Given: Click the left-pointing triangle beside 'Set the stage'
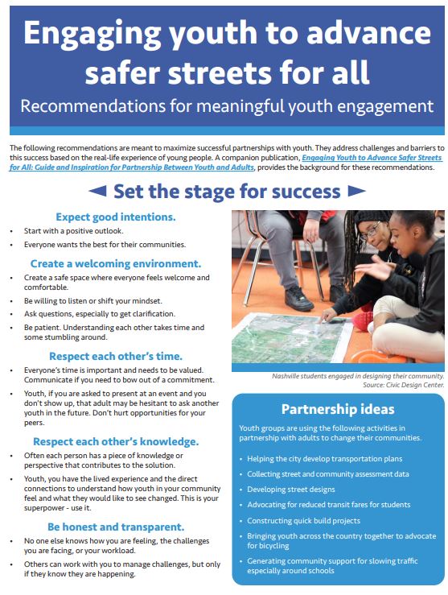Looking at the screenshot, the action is click(96, 191).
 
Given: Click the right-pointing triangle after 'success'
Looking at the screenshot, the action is click(356, 191).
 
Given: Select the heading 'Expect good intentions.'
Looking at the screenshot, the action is click(116, 217).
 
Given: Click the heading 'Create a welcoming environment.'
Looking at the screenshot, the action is click(116, 263).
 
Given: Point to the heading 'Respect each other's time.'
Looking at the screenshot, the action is click(116, 355).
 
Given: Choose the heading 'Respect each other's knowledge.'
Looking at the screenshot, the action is click(116, 441).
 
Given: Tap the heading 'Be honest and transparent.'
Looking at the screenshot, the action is click(116, 527).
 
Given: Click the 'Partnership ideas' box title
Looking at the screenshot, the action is click(337, 408).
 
